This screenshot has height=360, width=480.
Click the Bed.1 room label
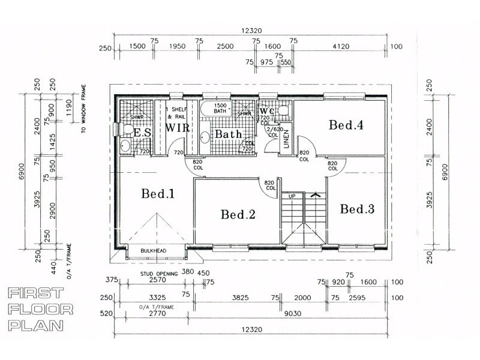click(x=158, y=194)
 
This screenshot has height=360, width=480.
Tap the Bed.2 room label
click(x=238, y=214)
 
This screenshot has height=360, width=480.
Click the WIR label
click(x=178, y=128)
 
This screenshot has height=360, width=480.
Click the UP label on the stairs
click(x=292, y=197)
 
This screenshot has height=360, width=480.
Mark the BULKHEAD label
click(x=153, y=251)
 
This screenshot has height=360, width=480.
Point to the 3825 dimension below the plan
click(x=239, y=297)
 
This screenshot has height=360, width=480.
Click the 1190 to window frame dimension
click(x=70, y=108)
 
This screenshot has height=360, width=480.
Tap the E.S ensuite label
click(x=141, y=133)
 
